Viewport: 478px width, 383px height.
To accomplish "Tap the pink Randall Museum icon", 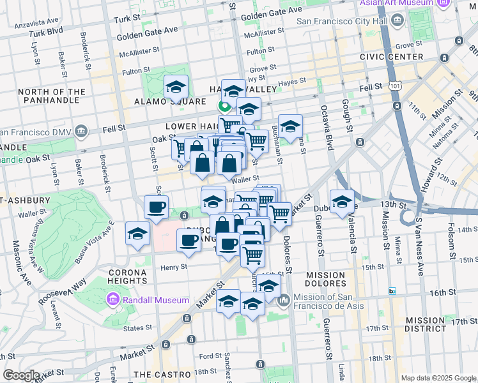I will (x=113, y=299).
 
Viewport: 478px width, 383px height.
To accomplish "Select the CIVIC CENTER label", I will (x=401, y=57).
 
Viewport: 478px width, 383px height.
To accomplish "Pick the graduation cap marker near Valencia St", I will (x=342, y=202).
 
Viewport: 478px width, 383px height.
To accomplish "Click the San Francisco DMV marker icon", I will (x=81, y=132).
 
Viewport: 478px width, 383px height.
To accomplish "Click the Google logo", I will (x=21, y=375).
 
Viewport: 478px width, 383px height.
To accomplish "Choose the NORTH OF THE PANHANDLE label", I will (x=52, y=96).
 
